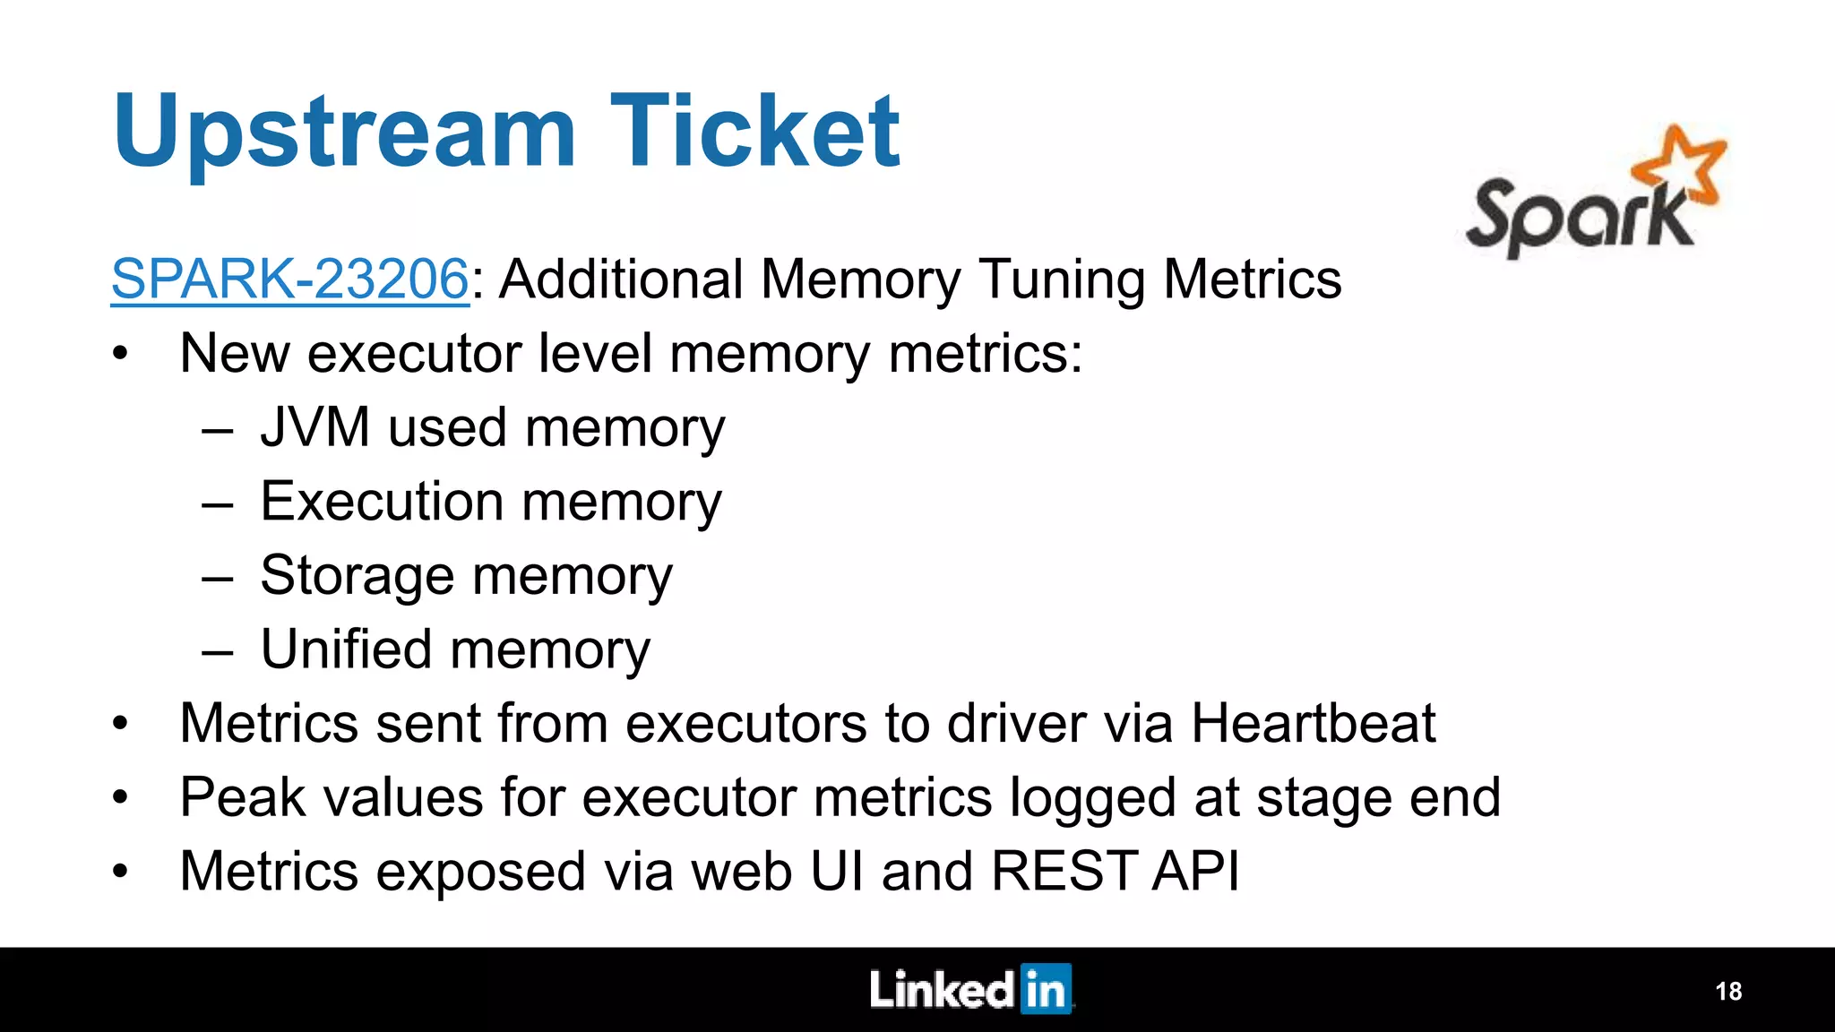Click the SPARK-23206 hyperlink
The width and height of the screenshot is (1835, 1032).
[289, 279]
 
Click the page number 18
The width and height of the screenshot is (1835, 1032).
[1727, 991]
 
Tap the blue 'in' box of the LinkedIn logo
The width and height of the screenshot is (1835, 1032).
[1046, 990]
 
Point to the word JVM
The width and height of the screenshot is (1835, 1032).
[314, 427]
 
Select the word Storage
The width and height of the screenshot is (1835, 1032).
[357, 575]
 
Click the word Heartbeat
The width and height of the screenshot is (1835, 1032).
[1313, 723]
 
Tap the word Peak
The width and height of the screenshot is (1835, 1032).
[243, 796]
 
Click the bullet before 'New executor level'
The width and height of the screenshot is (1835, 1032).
[121, 355]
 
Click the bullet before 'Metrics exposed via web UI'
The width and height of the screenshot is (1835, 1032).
[121, 872]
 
